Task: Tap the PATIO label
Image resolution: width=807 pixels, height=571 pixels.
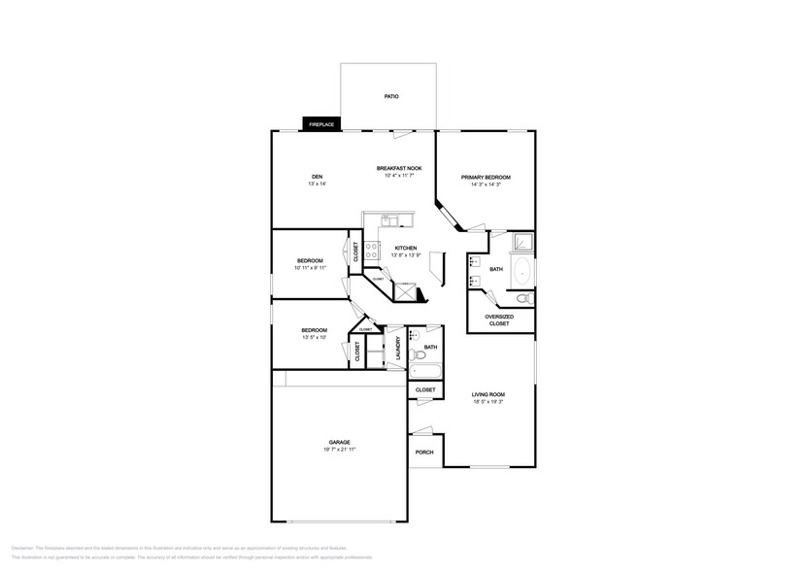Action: coord(391,97)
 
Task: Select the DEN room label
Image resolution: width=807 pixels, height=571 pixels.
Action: coord(317,176)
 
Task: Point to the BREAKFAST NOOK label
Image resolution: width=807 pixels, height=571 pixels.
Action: coord(399,168)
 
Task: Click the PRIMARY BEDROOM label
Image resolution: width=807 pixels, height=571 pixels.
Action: coord(486,177)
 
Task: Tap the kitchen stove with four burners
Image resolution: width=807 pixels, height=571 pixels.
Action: coord(371,250)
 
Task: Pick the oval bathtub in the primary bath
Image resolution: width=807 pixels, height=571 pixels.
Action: coord(521,270)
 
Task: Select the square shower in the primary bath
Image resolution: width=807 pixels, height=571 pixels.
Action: coord(522,242)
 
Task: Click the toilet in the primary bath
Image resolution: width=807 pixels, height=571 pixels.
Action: coord(522,298)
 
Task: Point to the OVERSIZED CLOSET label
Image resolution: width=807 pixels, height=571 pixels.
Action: coord(499,319)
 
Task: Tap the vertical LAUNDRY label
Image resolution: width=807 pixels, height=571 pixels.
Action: coord(399,349)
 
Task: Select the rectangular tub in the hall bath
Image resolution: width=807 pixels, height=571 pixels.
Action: coord(425,370)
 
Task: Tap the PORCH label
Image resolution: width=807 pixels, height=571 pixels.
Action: coord(424,452)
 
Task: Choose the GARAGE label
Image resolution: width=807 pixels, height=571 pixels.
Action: coord(339,442)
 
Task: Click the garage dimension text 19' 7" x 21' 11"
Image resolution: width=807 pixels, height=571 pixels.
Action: coord(339,451)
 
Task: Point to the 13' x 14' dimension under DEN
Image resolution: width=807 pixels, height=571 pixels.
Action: coord(317,184)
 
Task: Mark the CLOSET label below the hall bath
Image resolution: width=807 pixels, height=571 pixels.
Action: coord(425,389)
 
